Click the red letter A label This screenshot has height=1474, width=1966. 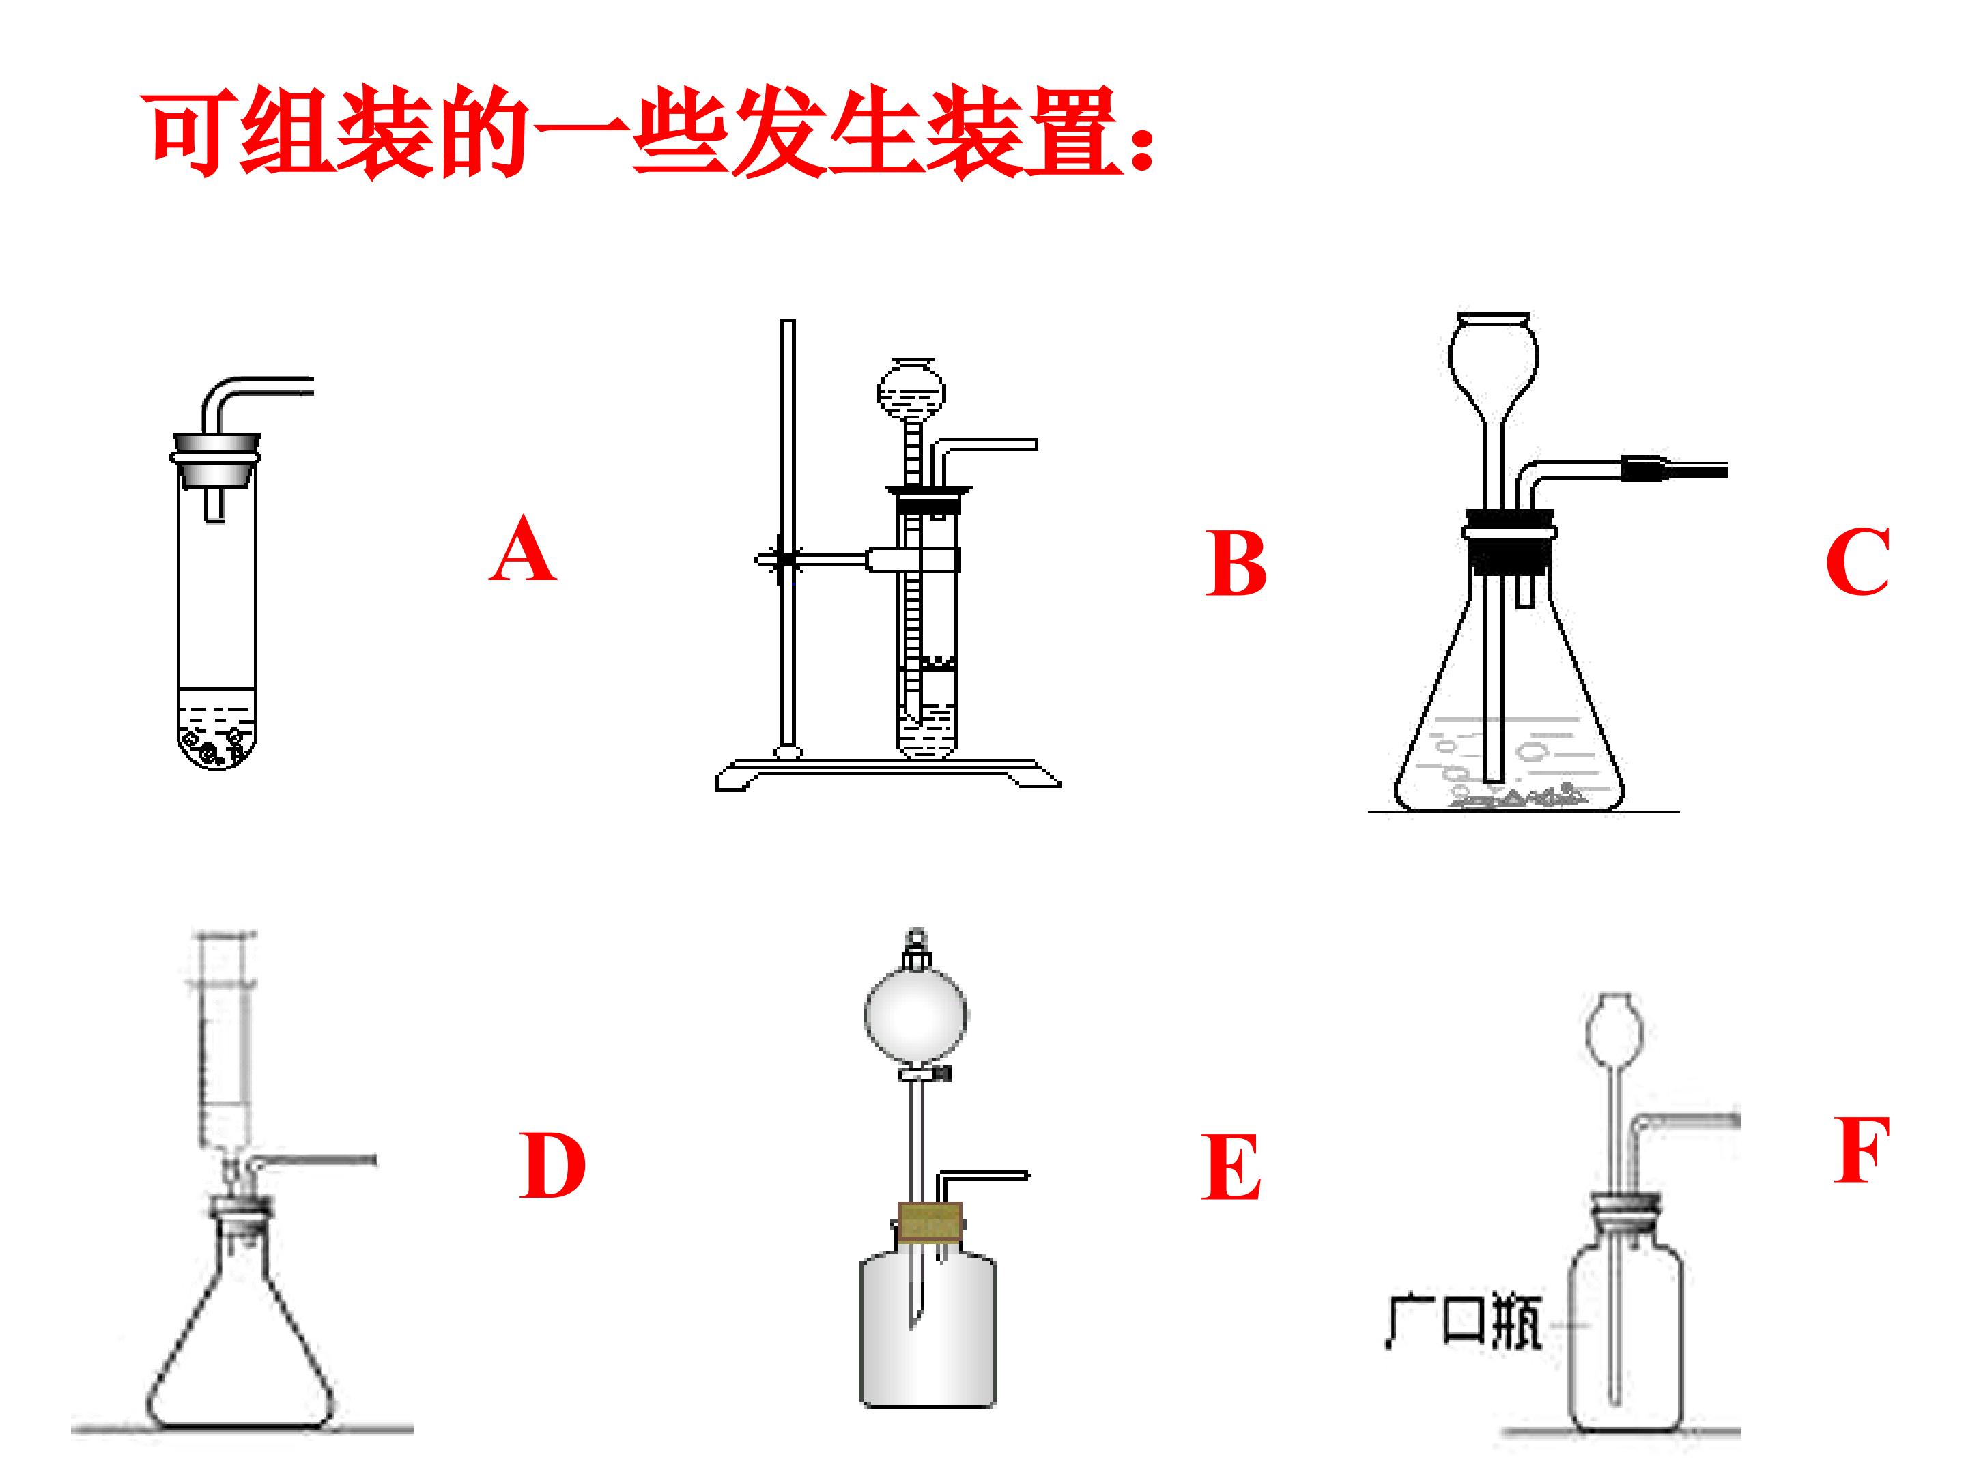tap(524, 549)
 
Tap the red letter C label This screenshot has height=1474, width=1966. tap(1857, 562)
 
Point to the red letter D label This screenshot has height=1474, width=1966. tap(552, 1166)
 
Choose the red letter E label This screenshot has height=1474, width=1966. tap(1231, 1168)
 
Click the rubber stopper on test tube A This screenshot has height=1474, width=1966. tap(216, 460)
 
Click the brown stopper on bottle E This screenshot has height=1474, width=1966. tap(930, 1221)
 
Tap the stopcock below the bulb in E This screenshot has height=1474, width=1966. tap(925, 1074)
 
